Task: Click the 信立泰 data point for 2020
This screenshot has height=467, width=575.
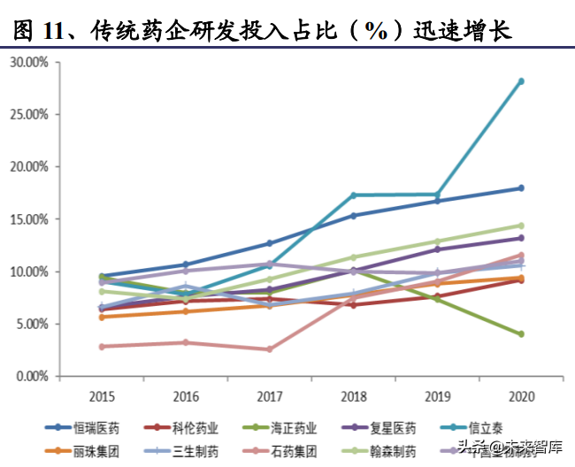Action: (x=521, y=81)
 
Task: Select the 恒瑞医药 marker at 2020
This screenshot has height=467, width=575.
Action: (x=521, y=188)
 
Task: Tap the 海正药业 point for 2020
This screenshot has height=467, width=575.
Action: (x=521, y=334)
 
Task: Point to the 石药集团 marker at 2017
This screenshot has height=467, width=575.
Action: (x=270, y=349)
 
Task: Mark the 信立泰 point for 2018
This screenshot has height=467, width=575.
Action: (x=354, y=195)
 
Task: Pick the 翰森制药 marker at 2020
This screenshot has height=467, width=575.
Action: (x=521, y=226)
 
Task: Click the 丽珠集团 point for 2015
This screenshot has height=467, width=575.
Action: (x=103, y=317)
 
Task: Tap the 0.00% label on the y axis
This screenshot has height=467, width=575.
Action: (x=32, y=377)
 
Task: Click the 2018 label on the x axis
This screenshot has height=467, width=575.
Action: (x=354, y=394)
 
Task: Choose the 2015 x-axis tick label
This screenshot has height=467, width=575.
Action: (x=103, y=394)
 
